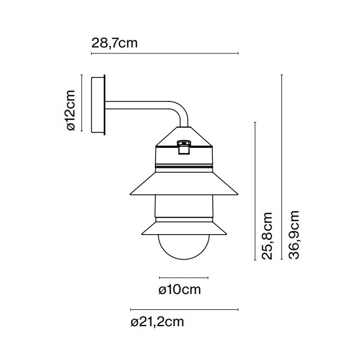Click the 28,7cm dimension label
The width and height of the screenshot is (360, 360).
coord(115,43)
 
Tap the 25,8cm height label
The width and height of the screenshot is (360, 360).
coord(267,236)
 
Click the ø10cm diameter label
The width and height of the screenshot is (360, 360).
coord(179,290)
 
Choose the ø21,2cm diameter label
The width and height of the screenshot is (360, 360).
coord(158,322)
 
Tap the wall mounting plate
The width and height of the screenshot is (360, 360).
coord(98,104)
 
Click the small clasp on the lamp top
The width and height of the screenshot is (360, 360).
coord(184,146)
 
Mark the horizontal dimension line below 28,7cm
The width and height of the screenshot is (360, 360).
coord(164,53)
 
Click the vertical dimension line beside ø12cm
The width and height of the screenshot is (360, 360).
coord(81,104)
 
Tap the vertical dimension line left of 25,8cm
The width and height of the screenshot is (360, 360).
coord(255,191)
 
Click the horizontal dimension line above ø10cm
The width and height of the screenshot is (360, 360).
coord(184,277)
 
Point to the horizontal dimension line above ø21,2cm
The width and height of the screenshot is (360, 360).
coord(184,309)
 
